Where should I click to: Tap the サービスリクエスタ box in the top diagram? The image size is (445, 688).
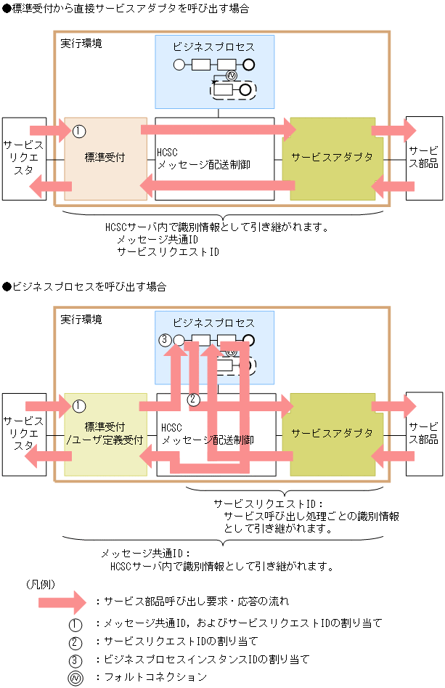23,158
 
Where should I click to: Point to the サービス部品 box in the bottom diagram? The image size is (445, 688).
423,434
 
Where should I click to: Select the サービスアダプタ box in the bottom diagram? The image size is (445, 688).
332,434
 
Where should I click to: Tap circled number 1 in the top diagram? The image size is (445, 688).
79,131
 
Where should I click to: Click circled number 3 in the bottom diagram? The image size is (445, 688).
165,339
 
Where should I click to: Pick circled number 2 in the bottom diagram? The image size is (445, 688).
193,399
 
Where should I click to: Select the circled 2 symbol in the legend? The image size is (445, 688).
76,642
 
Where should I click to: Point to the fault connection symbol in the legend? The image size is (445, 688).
76,677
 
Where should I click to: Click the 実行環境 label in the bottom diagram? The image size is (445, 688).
81,319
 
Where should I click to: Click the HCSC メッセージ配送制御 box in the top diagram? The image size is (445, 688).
215,159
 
